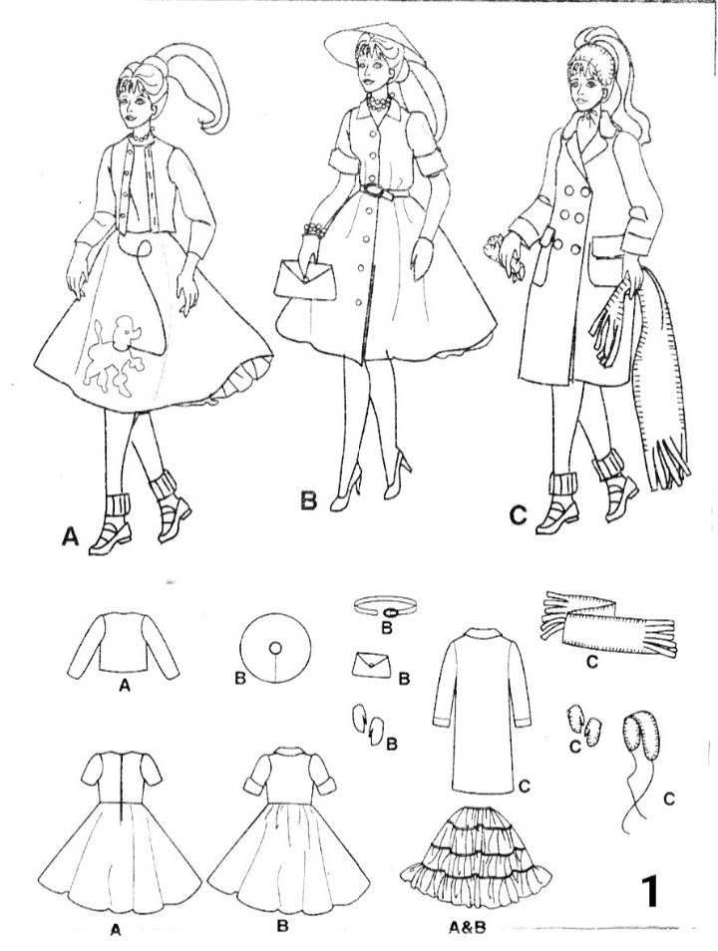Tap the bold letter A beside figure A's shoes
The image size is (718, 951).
click(x=70, y=538)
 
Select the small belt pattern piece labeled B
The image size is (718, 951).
click(x=386, y=606)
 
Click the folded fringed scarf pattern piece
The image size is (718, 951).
click(x=607, y=623)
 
